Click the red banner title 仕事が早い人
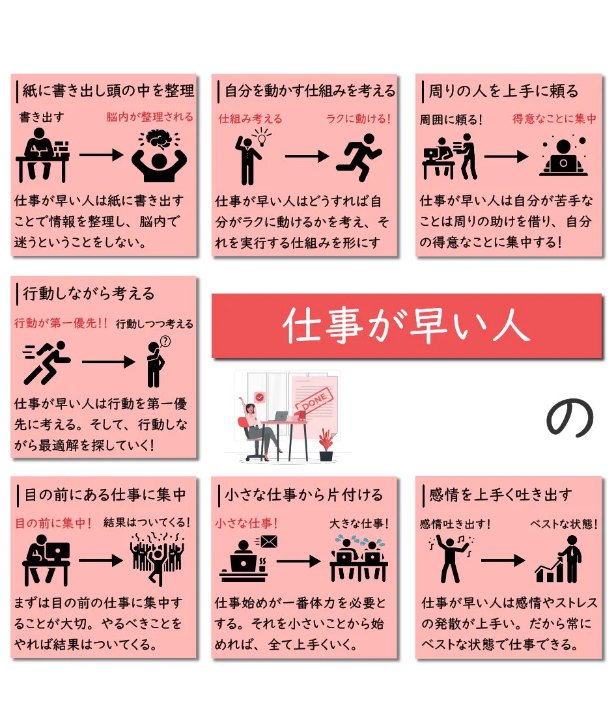(x=406, y=325)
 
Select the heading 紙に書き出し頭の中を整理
(x=108, y=91)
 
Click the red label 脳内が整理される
(x=150, y=118)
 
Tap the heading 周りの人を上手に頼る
(x=503, y=91)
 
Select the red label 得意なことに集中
(x=554, y=119)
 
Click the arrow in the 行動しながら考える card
(x=107, y=361)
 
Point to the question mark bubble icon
(x=165, y=342)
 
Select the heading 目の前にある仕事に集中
(x=105, y=495)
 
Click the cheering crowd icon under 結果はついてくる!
(x=156, y=557)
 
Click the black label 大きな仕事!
(x=358, y=523)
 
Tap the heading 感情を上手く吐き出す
(x=500, y=495)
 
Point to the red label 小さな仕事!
(x=247, y=523)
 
